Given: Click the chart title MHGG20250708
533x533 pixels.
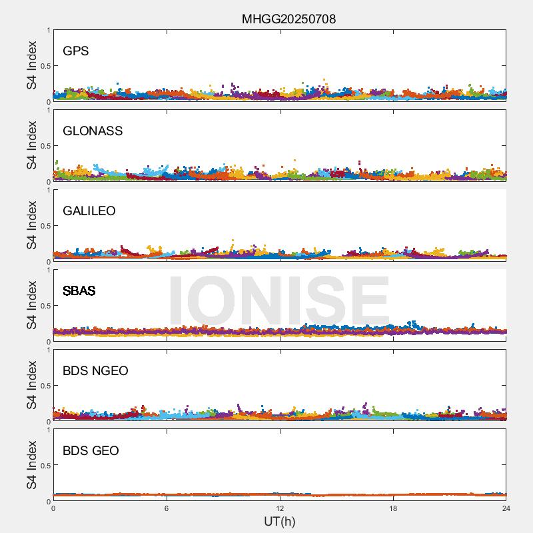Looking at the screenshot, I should pos(288,19).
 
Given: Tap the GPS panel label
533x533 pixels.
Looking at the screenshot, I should pos(76,51).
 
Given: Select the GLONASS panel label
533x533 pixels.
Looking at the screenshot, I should pos(93,131).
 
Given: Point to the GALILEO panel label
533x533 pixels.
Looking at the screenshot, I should pos(89,211).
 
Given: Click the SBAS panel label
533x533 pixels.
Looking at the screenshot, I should pos(79,291).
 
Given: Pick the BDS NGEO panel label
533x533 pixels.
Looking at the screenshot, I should pos(95,371).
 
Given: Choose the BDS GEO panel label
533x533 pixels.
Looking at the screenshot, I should pos(91,451).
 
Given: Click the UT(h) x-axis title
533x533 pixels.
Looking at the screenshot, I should pos(279,521).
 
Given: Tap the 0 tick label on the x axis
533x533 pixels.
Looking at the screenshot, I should pos(53,508).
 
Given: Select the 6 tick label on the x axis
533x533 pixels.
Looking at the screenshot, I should pos(167,508).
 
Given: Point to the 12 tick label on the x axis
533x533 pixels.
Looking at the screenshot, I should pos(280,508).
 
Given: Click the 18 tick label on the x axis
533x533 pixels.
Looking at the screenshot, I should pos(393,508).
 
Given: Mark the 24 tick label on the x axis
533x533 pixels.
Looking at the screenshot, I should pos(506,508).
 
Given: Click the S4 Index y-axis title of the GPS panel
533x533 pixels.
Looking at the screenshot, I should pos(32,65).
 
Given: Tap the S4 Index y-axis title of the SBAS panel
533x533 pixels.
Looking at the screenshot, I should pos(32,305).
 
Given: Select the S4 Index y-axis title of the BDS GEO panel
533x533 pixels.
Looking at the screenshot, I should pos(32,465).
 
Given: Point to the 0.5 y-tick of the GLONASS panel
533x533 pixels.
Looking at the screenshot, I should pos(44,146).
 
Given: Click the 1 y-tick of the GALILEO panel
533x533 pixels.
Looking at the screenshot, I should pos(48,190).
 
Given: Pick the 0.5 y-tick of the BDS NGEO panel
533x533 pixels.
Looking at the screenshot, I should pos(44,386).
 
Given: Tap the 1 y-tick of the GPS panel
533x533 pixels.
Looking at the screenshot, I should pos(48,30).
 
